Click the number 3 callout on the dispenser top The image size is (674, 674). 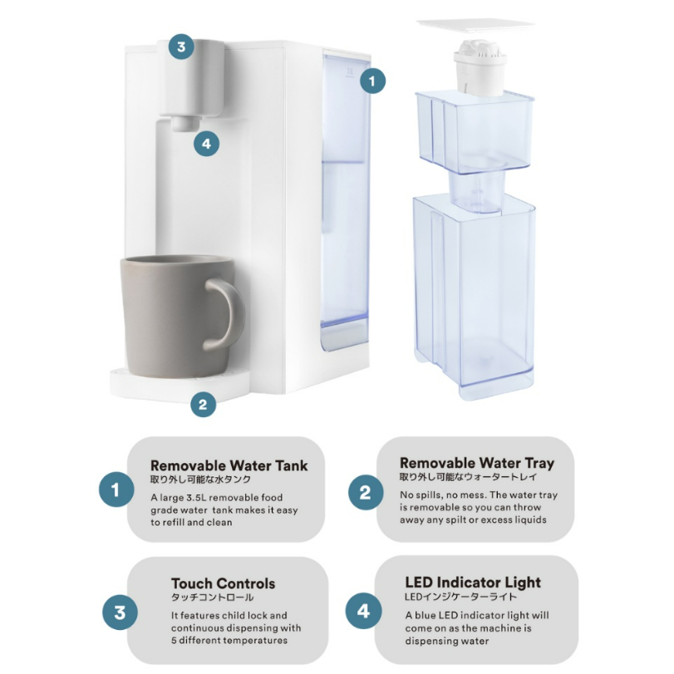181,47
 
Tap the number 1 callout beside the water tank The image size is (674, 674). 372,81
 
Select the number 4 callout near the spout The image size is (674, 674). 206,144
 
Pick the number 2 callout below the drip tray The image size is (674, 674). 203,404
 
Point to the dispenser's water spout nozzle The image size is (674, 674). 185,123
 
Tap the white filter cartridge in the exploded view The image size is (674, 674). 480,67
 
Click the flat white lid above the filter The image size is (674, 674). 476,27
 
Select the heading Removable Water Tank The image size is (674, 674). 229,465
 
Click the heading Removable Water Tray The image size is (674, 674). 477,463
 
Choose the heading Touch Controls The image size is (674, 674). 223,583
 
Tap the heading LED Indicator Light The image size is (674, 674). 473,583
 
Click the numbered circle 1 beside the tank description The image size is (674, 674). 116,490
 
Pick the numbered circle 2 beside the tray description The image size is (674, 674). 366,492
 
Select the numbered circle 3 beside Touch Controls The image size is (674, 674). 120,613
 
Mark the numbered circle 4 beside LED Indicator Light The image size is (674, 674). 363,611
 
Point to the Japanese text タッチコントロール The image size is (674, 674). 213,598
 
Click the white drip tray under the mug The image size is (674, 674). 180,384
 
